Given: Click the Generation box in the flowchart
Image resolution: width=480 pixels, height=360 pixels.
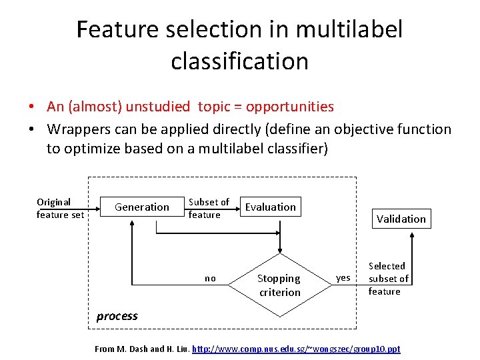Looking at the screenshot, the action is click(142, 207).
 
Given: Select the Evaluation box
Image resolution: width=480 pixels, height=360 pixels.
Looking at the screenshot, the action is click(270, 207).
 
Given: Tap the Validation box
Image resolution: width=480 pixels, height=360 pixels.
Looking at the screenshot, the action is click(401, 219).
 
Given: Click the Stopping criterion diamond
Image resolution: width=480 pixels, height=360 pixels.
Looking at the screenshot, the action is click(279, 285).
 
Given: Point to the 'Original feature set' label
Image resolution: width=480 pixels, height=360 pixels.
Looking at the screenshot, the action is click(60, 208).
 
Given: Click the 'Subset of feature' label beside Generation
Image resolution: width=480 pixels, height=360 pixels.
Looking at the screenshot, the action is click(208, 208).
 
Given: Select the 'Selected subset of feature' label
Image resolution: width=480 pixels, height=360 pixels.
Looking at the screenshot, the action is click(387, 279).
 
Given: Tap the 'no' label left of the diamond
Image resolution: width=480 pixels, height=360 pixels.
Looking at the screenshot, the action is click(210, 279).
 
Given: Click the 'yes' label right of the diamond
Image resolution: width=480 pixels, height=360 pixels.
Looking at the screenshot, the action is click(343, 278).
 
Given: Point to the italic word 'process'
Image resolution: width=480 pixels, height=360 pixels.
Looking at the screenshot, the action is click(117, 316).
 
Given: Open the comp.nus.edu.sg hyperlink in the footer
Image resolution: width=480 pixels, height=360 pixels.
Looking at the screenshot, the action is click(296, 349).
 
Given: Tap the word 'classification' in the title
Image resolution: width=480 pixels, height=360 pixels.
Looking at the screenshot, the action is click(239, 61).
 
